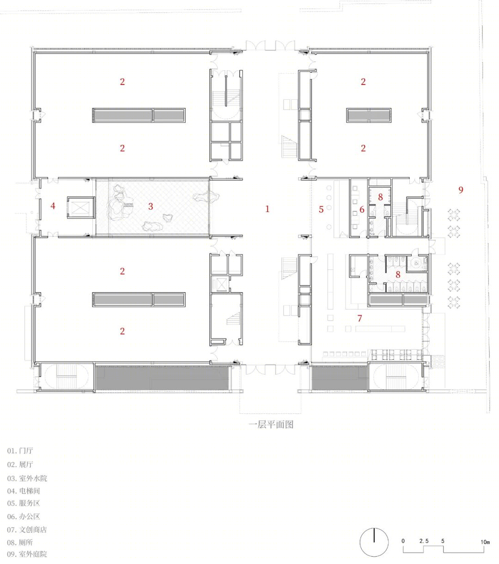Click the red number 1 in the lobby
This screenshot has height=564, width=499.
tap(268, 209)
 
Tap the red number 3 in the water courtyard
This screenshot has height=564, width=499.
tap(151, 206)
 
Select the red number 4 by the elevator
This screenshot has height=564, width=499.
tap(53, 206)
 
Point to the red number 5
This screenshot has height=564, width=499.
tap(321, 209)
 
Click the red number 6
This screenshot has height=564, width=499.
tap(362, 209)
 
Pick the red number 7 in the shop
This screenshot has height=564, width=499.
tap(360, 318)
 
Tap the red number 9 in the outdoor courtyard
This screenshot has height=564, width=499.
tap(461, 190)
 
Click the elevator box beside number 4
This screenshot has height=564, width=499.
tap(80, 207)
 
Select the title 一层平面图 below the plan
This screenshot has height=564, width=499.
tap(271, 425)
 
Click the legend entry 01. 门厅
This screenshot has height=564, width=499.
tap(20, 451)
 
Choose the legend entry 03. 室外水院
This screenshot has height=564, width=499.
tap(27, 478)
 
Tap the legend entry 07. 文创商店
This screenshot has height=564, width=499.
tap(27, 529)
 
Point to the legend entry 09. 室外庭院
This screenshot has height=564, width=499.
tap(27, 554)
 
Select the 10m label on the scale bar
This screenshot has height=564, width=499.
tap(485, 542)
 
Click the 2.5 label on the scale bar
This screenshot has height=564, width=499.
tap(424, 541)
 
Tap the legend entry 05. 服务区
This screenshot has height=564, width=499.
tap(24, 503)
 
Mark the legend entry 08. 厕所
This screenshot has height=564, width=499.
tap(20, 542)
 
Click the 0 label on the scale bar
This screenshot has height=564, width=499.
tap(403, 541)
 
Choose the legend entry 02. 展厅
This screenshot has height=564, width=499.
tap(20, 464)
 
